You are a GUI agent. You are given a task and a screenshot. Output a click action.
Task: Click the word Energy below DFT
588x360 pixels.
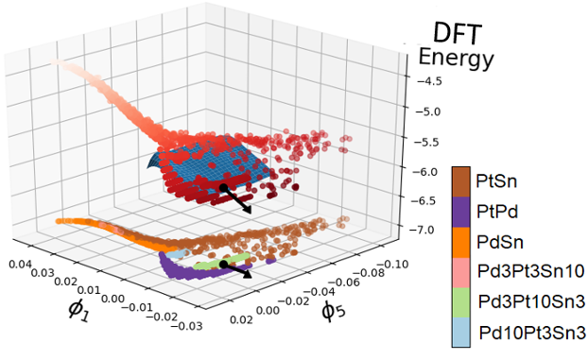click(x=457, y=60)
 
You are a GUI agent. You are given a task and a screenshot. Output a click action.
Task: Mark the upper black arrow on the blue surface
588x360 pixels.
click(x=236, y=199)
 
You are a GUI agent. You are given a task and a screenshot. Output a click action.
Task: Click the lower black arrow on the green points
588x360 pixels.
click(x=236, y=270)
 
